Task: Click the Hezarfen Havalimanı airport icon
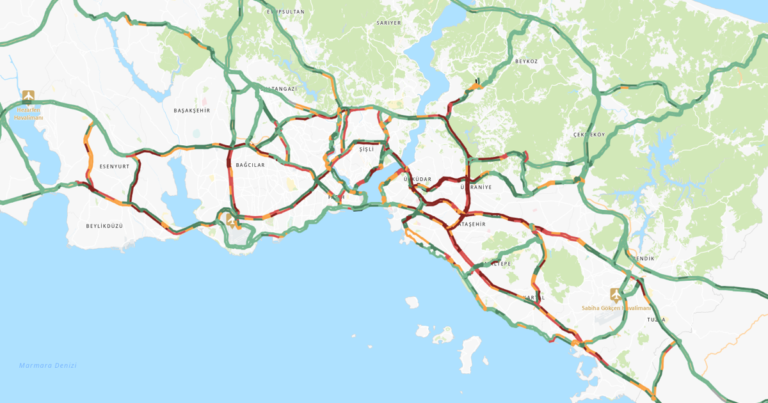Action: point(28,97)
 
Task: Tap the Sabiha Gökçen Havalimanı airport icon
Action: point(616,295)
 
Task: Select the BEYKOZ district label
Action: point(526,61)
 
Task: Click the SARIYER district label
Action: point(388,22)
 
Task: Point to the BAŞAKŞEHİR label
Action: point(192,111)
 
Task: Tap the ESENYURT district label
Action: point(114,166)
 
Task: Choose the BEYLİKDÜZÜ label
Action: point(104,226)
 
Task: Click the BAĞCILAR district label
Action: point(250,165)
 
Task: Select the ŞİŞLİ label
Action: point(366,149)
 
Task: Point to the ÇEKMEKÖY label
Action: point(589,135)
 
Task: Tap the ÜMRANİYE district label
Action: point(476,187)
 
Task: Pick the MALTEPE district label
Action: point(497,264)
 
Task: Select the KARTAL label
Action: point(534,297)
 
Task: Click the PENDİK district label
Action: point(644,258)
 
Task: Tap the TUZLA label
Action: point(656,319)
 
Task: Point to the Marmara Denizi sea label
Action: point(47,365)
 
